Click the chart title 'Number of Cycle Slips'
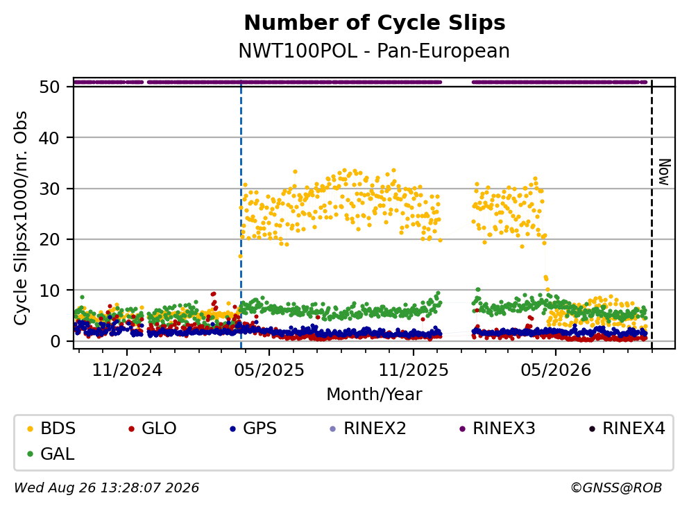(x=375, y=23)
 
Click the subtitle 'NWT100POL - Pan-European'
(x=374, y=51)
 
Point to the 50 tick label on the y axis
(x=50, y=87)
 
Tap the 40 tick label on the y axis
(x=50, y=138)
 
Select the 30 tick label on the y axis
(x=50, y=189)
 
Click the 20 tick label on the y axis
(x=50, y=239)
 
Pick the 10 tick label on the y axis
(x=50, y=291)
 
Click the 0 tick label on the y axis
(x=56, y=341)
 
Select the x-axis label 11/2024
(x=127, y=370)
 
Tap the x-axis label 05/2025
(x=269, y=370)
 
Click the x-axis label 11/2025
(x=414, y=370)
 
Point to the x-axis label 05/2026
(x=556, y=370)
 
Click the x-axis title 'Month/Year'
(x=374, y=395)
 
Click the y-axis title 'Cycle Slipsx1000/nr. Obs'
(x=20, y=218)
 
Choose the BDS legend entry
(x=51, y=428)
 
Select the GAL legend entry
(x=51, y=454)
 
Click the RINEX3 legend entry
(x=497, y=428)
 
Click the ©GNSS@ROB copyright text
(x=616, y=488)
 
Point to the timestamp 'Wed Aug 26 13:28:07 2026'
(x=107, y=488)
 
